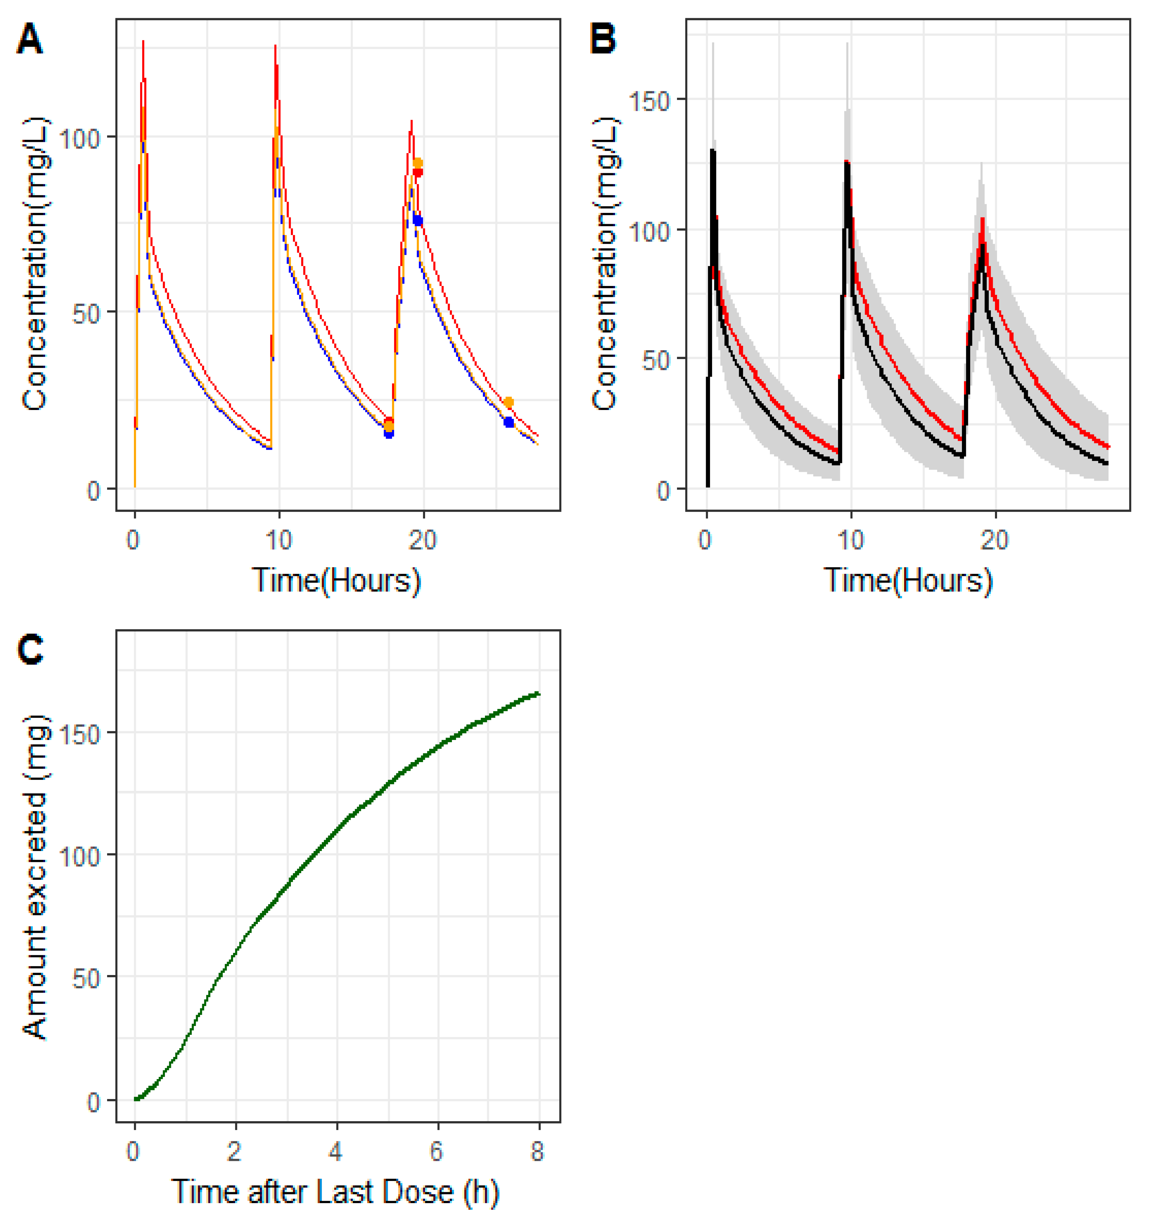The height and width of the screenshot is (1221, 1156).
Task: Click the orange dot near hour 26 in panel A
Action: [x=508, y=402]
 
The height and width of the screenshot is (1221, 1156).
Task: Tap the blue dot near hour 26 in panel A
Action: [x=508, y=422]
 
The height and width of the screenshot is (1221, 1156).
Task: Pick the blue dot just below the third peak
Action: [x=418, y=220]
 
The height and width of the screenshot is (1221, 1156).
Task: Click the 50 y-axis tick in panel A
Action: [x=86, y=312]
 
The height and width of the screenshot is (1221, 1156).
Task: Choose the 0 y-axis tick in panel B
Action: [x=663, y=491]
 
